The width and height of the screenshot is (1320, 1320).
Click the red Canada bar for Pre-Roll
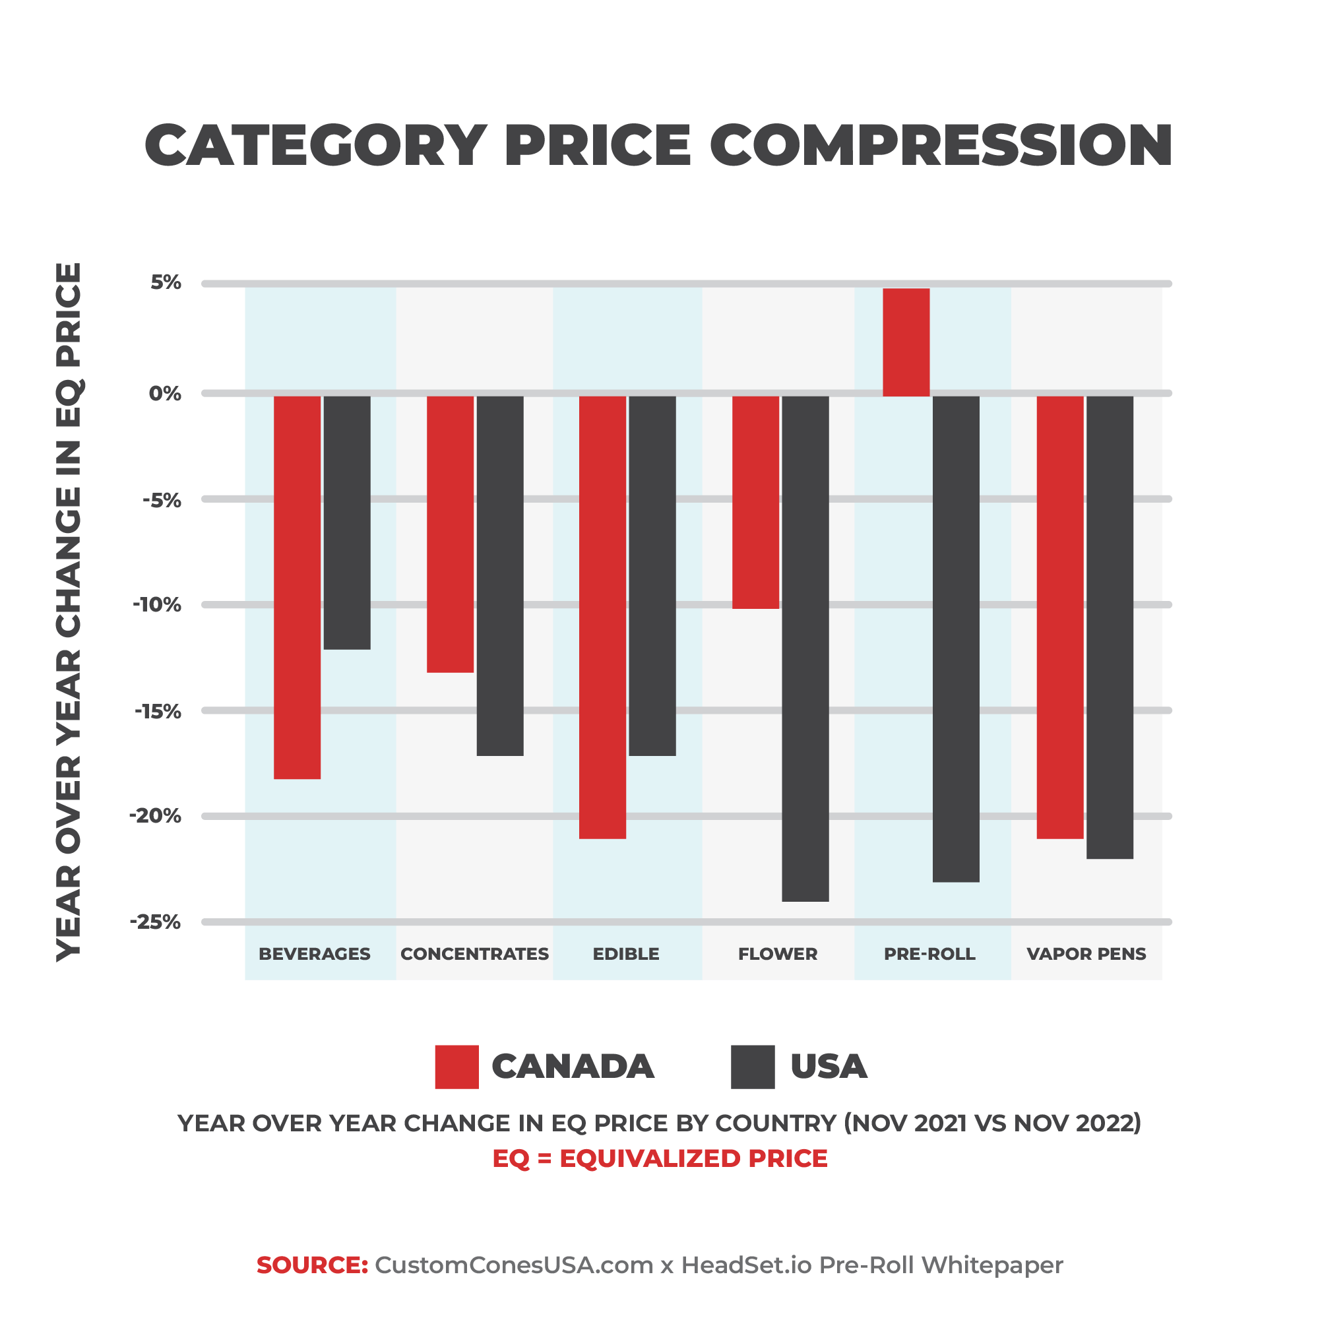tap(906, 342)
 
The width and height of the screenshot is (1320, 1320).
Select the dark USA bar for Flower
tap(805, 648)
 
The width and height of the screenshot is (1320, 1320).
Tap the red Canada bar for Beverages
tap(298, 587)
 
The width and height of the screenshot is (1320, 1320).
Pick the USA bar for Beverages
tap(347, 522)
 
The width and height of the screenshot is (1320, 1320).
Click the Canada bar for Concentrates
tap(451, 534)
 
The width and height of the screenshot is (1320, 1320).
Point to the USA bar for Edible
tap(652, 575)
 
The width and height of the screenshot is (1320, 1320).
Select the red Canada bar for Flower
tap(756, 502)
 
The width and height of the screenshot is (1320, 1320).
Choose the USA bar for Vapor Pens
tap(1110, 627)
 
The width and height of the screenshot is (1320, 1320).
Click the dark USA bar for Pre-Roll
tap(956, 639)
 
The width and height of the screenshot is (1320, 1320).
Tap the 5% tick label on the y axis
tap(166, 282)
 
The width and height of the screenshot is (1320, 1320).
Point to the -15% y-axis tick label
tap(158, 711)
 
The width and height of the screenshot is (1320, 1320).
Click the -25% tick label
tap(156, 922)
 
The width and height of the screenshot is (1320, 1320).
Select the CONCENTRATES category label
tap(474, 954)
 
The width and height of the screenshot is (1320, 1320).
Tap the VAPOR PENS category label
tap(1086, 954)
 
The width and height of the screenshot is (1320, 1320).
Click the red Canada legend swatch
tap(456, 1067)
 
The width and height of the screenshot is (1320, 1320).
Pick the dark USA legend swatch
tap(752, 1067)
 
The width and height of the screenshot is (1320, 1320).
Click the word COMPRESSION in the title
tap(941, 146)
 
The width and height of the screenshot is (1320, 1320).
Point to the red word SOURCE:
tap(312, 1265)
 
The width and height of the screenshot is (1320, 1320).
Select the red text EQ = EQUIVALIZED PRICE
tap(660, 1158)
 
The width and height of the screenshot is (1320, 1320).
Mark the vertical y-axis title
tap(69, 612)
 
